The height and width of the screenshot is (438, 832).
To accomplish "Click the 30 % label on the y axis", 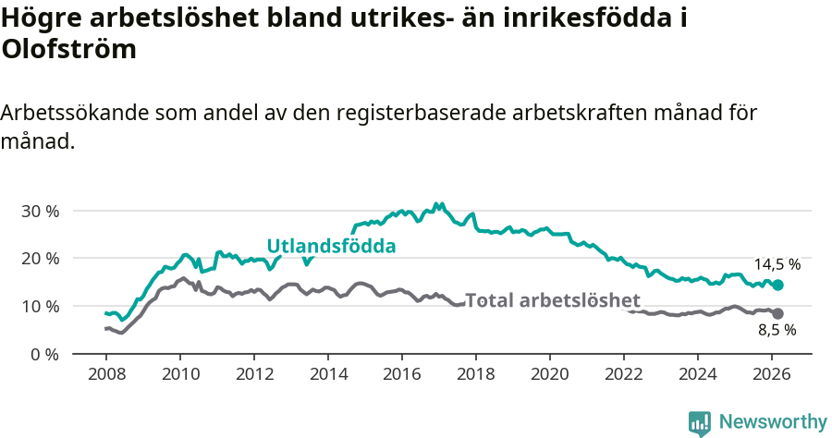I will point(40,211).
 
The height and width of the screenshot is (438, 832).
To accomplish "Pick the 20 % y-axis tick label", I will point(40,259).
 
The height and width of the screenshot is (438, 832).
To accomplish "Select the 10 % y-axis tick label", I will point(40,306).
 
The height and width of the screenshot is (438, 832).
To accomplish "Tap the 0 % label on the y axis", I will point(44,354).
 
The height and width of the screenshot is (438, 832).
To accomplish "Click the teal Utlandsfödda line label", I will point(331,246).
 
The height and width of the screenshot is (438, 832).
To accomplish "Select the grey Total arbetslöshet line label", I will point(552,300).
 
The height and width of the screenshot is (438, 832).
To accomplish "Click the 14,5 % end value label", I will point(777,264).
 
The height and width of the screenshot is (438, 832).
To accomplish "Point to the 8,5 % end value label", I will point(777,329).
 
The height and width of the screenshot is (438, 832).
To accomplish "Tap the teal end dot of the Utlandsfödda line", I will point(777,286).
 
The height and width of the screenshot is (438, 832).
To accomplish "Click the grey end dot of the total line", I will point(777,314).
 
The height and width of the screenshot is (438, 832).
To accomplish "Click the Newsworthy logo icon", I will point(700,422).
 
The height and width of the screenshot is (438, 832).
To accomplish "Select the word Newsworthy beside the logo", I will point(773,421).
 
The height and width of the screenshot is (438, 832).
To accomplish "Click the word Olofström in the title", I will point(69,50).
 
